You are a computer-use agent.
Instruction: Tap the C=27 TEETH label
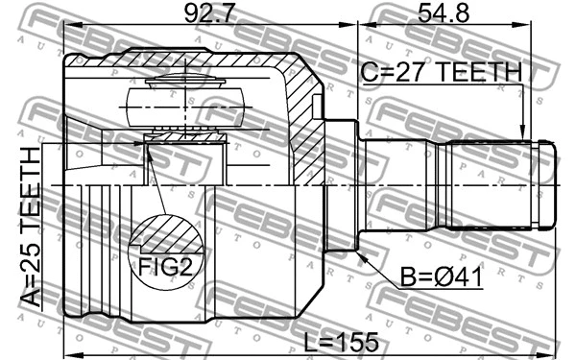tap(441, 73)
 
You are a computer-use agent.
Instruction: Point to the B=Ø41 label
tap(442, 278)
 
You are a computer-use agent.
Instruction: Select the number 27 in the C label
tap(403, 73)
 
